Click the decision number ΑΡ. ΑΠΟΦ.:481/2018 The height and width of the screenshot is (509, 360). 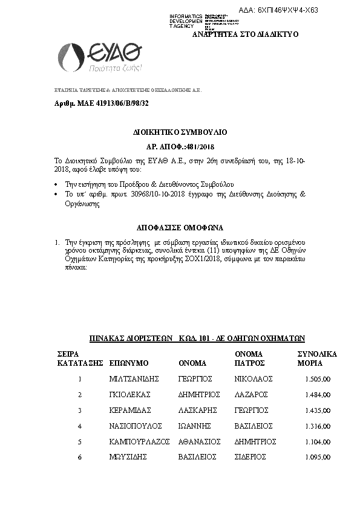[x=177, y=146]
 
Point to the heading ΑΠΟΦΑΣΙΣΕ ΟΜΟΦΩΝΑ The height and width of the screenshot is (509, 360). [x=180, y=228]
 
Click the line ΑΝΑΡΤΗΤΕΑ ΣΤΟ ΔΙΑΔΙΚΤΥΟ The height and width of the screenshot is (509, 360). [x=245, y=34]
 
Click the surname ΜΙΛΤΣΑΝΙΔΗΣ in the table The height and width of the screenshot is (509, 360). [x=134, y=379]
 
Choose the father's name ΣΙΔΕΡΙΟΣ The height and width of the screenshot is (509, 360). [x=250, y=458]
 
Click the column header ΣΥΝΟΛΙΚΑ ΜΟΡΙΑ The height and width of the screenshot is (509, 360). [x=317, y=358]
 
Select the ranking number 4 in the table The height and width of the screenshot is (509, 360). [x=79, y=426]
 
